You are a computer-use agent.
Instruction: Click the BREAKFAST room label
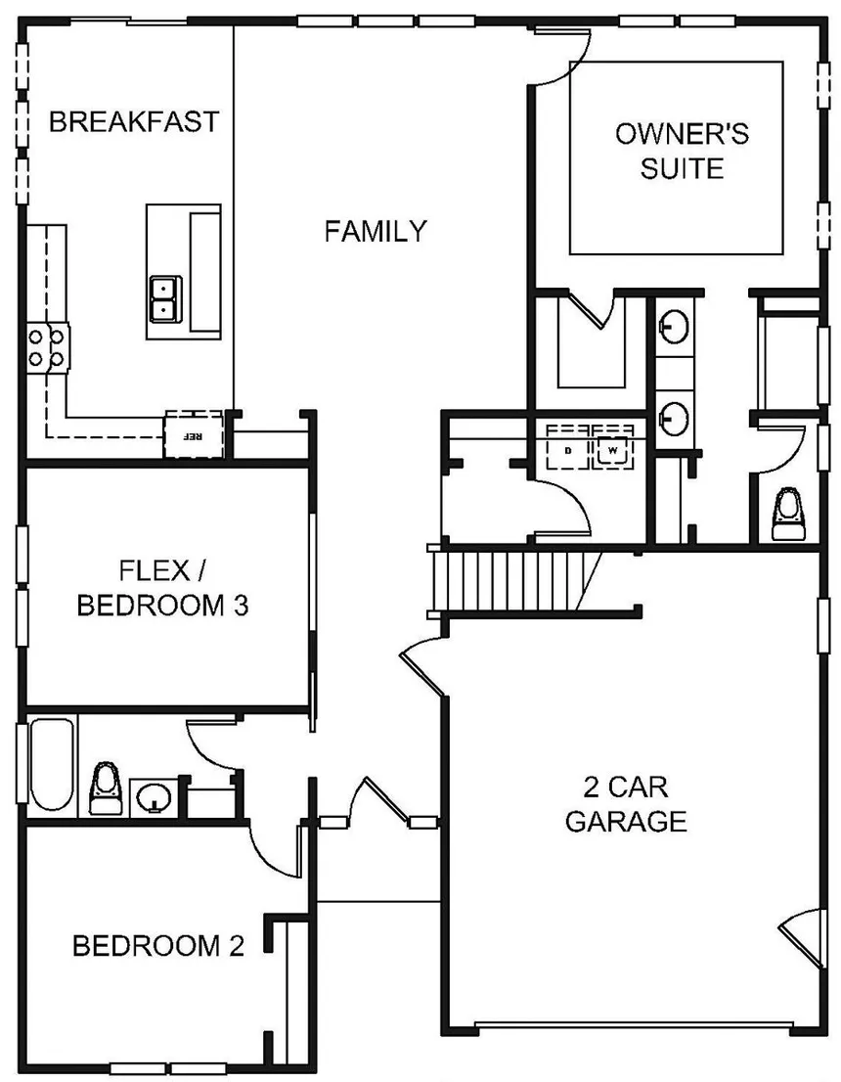click(x=134, y=121)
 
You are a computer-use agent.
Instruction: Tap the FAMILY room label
click(x=376, y=231)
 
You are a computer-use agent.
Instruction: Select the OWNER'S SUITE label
click(x=682, y=151)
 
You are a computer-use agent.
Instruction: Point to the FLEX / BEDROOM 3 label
click(x=162, y=588)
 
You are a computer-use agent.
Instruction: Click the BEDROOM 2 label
click(x=158, y=945)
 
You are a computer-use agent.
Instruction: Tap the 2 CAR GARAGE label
click(x=626, y=804)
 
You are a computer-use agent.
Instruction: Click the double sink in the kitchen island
click(x=165, y=298)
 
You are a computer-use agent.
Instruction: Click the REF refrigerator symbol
click(x=194, y=434)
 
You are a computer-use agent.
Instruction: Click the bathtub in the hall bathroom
click(x=52, y=765)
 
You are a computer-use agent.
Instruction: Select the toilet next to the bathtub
click(x=106, y=789)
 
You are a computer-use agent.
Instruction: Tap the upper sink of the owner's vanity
click(x=674, y=327)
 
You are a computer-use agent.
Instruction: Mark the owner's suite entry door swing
click(x=561, y=58)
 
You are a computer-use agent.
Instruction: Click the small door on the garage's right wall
click(x=802, y=939)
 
